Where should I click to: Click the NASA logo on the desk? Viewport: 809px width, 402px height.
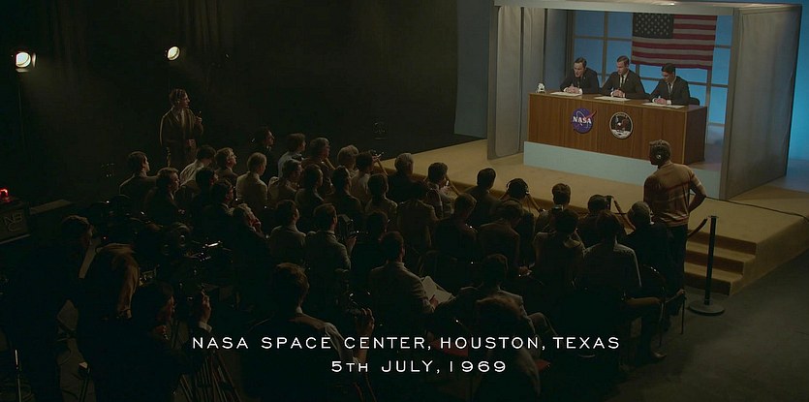click(583, 120)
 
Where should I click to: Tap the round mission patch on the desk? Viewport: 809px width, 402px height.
click(621, 125)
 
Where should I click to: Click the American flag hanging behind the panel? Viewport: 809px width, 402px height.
click(673, 42)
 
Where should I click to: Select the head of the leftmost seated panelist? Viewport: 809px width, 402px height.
click(580, 66)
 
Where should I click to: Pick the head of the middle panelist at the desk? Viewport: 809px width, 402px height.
click(623, 65)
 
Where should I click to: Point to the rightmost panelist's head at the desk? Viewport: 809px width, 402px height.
click(669, 73)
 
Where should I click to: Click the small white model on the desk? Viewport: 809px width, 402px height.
click(541, 88)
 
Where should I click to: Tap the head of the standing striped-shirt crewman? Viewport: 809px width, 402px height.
click(660, 152)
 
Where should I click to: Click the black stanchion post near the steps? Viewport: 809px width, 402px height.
click(708, 264)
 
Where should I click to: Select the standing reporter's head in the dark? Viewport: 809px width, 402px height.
click(179, 99)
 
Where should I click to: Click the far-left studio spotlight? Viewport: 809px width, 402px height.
click(23, 60)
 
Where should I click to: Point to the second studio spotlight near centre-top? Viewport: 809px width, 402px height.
click(173, 52)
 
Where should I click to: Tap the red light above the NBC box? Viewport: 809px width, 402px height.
click(4, 195)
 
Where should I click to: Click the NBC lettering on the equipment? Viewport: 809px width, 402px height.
click(14, 220)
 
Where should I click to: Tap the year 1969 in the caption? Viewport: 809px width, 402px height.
click(478, 366)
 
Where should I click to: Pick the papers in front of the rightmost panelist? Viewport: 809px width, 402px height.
click(664, 105)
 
